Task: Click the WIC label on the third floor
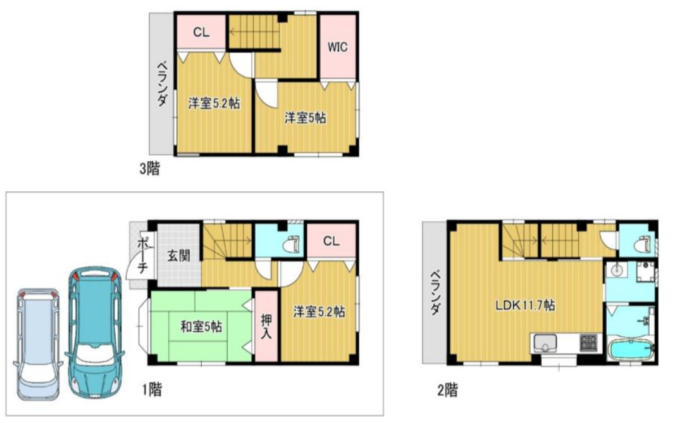(337, 46)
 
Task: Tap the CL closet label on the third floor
(201, 32)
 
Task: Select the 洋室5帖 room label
(305, 118)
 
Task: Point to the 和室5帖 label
(201, 327)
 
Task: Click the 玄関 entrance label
(178, 256)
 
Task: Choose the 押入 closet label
(266, 326)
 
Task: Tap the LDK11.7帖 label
(525, 305)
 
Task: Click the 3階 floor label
(149, 168)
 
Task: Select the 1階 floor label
(152, 389)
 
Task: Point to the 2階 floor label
(448, 390)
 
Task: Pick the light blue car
(38, 344)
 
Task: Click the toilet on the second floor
(643, 244)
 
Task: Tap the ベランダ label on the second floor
(436, 292)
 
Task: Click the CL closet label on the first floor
(331, 241)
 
